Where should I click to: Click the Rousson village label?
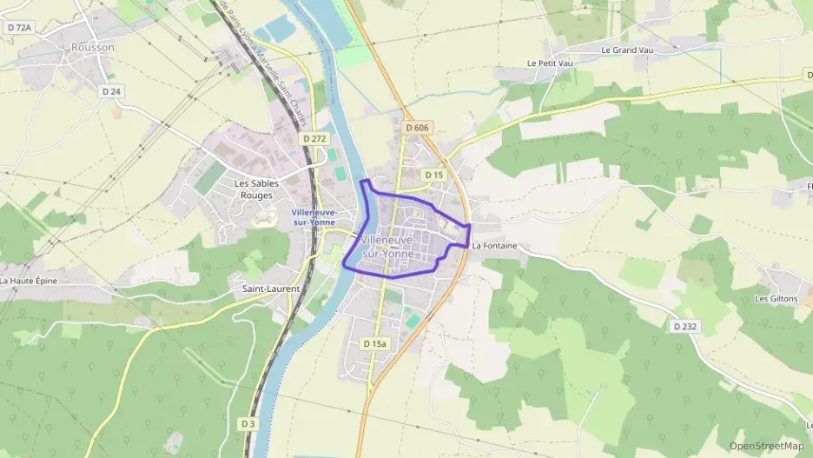tap(93, 47)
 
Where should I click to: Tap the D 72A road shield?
tap(18, 28)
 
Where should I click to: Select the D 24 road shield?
tap(110, 91)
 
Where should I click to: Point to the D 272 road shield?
tap(314, 138)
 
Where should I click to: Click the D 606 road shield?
tap(417, 128)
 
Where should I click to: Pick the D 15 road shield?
tap(434, 175)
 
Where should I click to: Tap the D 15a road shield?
tap(374, 343)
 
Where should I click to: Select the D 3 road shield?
tap(248, 423)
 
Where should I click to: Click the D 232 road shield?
tap(685, 327)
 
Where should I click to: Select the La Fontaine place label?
tap(494, 246)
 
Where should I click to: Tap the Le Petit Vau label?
tap(548, 63)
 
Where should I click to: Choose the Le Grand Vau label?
tap(626, 50)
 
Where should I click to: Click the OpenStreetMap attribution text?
tap(766, 446)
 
